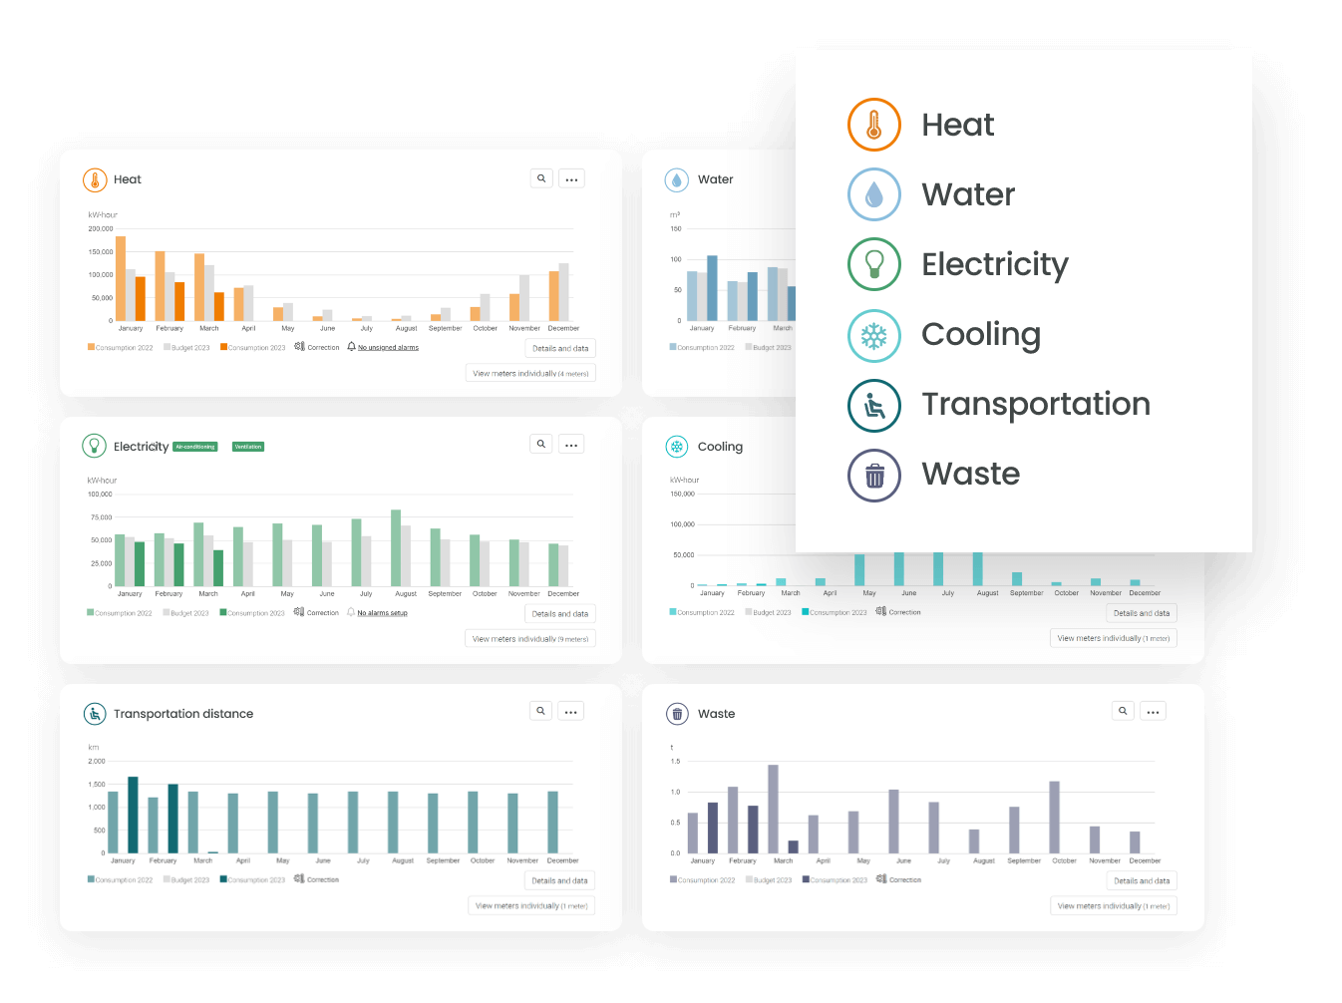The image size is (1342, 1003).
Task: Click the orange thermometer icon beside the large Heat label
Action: pyautogui.click(x=874, y=125)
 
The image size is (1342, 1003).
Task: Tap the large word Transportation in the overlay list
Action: pyautogui.click(x=1035, y=404)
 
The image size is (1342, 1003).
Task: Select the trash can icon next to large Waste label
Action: pyautogui.click(x=874, y=476)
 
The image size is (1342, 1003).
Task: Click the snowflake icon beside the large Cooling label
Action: pyautogui.click(x=874, y=336)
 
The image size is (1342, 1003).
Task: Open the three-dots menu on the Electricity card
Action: pyautogui.click(x=571, y=445)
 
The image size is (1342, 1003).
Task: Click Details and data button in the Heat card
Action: pyautogui.click(x=560, y=348)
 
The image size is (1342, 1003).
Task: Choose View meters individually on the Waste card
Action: pyautogui.click(x=1113, y=905)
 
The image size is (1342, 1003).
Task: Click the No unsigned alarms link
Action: pyautogui.click(x=388, y=348)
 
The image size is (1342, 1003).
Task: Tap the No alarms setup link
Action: pyautogui.click(x=382, y=613)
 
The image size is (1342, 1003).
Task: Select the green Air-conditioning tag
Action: pyautogui.click(x=195, y=447)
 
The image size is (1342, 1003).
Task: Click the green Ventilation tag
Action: pyautogui.click(x=248, y=447)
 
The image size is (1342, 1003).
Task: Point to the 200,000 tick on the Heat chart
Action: pyautogui.click(x=101, y=228)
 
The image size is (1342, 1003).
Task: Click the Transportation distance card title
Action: pyautogui.click(x=183, y=714)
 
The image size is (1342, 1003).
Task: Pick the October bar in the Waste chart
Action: pyautogui.click(x=1054, y=817)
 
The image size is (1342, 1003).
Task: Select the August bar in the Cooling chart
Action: pyautogui.click(x=977, y=568)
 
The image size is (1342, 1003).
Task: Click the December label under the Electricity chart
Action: pyautogui.click(x=563, y=593)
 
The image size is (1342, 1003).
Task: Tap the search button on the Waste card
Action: pyautogui.click(x=1123, y=711)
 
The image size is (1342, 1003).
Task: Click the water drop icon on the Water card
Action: pyautogui.click(x=677, y=180)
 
